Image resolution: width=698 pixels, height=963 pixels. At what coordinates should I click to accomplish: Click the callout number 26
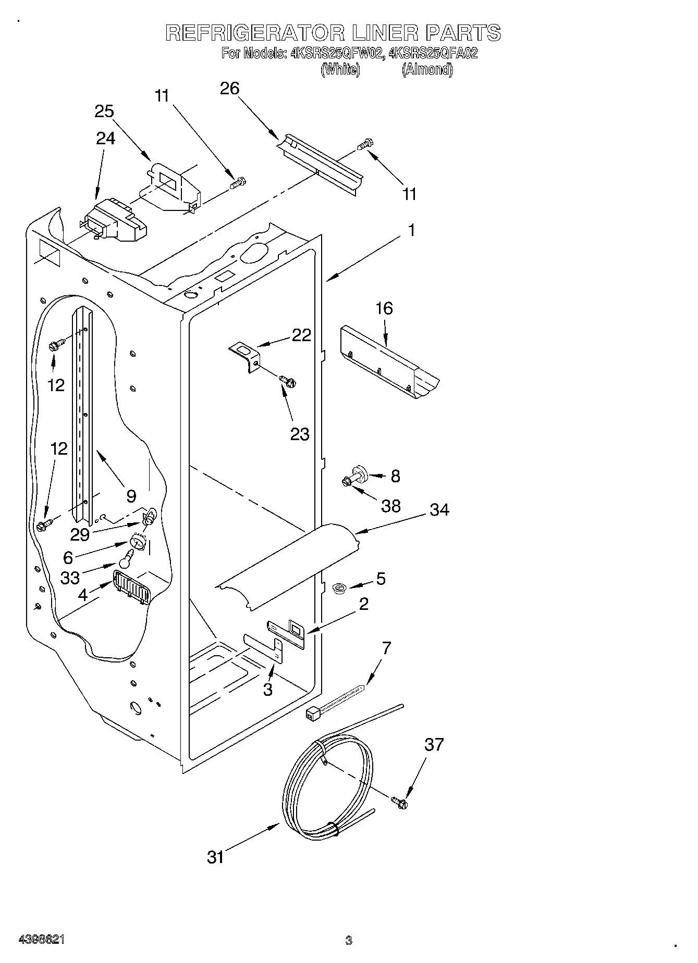point(229,89)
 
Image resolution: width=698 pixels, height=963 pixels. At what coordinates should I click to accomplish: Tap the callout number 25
point(104,111)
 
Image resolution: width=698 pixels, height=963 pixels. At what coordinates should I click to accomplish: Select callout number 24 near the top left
point(105,138)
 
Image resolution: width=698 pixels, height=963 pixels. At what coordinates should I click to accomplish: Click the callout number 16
point(384,308)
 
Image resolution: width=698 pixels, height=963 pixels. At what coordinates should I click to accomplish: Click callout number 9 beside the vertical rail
point(131,495)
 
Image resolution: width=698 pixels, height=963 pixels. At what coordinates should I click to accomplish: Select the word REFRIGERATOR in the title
point(255,33)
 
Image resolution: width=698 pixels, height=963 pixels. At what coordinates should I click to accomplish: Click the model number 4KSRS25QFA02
point(433,53)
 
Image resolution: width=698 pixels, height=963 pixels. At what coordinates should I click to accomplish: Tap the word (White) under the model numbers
point(340,70)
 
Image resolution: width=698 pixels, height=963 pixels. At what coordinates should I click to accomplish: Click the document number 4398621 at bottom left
point(42,940)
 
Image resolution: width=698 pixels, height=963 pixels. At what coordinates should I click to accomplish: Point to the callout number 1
point(411,230)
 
